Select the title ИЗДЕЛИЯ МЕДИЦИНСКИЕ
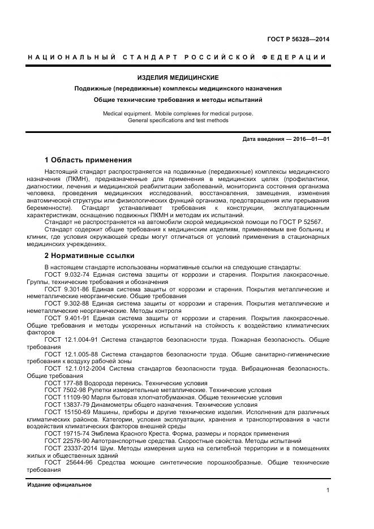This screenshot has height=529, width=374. tap(178, 77)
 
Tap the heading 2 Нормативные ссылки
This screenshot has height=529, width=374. tap(88, 256)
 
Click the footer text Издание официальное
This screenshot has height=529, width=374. tap(59, 485)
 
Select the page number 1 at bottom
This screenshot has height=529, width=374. tap(328, 491)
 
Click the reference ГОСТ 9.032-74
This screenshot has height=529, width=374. tap(67, 274)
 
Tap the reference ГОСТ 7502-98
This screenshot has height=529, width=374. tap(65, 390)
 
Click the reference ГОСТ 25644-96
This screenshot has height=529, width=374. tap(67, 463)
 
